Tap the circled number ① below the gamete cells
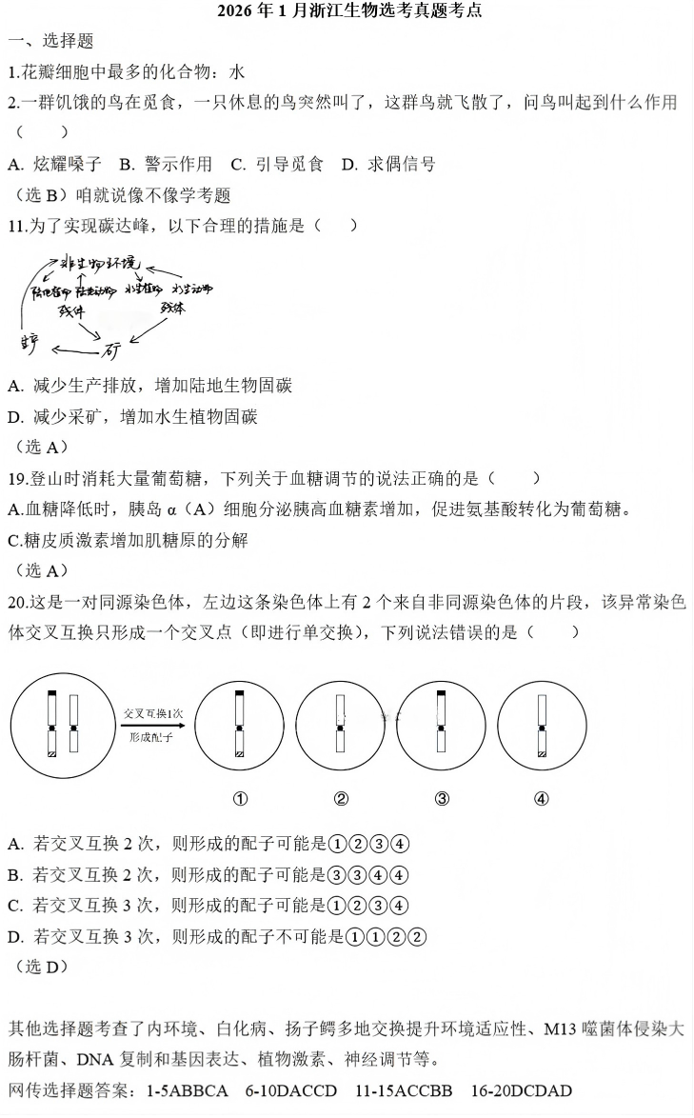241,799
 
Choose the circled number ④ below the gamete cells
541,799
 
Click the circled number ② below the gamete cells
341,799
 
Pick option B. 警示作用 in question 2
166,164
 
